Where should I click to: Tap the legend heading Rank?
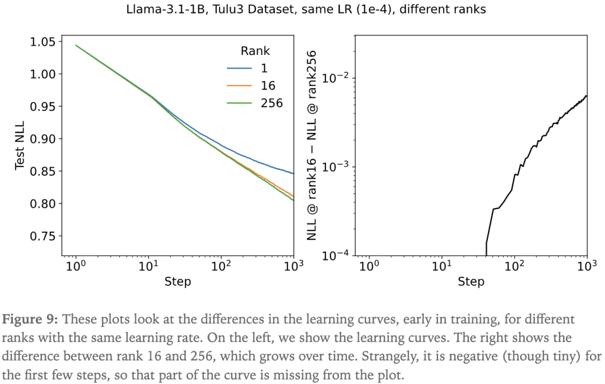click(255, 51)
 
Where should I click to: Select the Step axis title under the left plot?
click(178, 281)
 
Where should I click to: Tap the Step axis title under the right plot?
click(471, 281)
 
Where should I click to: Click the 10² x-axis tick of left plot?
click(221, 266)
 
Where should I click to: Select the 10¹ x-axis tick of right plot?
click(442, 266)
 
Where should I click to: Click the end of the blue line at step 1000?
click(294, 174)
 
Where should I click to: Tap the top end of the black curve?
click(587, 96)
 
